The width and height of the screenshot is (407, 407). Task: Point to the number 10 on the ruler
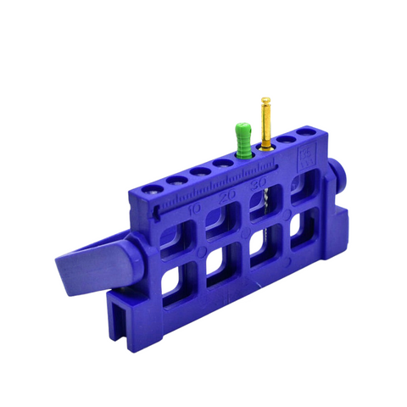tap(195, 207)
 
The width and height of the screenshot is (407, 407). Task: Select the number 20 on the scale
tap(226, 197)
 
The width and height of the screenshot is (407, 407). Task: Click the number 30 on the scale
tap(259, 185)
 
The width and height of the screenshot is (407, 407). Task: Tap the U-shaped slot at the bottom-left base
tap(123, 326)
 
